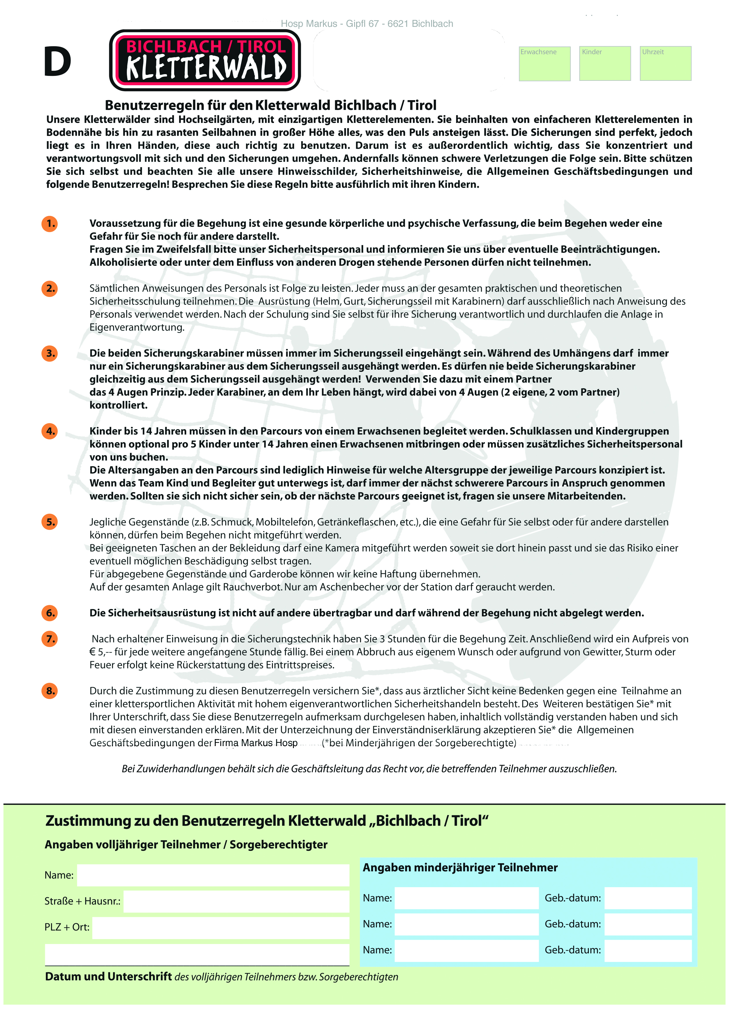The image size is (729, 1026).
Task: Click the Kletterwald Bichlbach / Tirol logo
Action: tap(205, 60)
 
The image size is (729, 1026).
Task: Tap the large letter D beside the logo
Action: tap(57, 62)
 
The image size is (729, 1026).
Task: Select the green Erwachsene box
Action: tap(544, 64)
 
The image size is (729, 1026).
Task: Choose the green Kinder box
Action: tap(605, 64)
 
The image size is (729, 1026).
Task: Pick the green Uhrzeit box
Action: tap(665, 64)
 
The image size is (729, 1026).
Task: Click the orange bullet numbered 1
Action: tap(50, 224)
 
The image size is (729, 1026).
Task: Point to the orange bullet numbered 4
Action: tap(50, 431)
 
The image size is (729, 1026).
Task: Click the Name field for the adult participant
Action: tap(213, 875)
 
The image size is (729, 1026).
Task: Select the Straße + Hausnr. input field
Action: tap(236, 901)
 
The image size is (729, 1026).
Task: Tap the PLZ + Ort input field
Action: tap(220, 928)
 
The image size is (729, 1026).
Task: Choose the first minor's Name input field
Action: tap(466, 898)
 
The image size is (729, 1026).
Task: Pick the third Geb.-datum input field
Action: tap(648, 950)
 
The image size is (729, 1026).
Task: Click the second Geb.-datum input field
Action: tap(648, 924)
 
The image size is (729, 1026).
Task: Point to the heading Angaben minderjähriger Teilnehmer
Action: tap(460, 868)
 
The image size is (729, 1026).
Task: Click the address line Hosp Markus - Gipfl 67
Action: tap(367, 24)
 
